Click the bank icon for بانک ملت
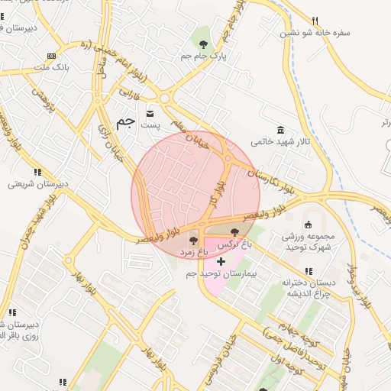(x=51, y=57)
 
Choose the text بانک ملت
(x=51, y=69)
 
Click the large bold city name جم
(x=125, y=121)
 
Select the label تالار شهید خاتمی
(x=282, y=142)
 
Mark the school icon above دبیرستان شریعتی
(x=37, y=172)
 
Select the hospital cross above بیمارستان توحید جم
(x=221, y=261)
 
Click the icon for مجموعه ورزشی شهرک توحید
(x=309, y=225)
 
